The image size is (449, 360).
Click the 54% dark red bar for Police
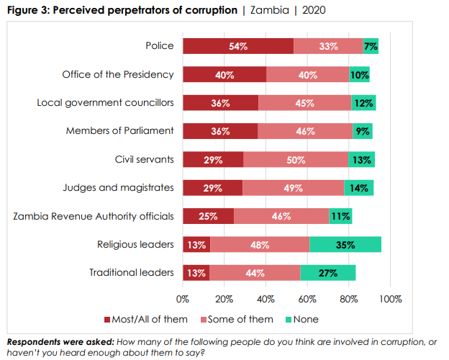[x=238, y=46]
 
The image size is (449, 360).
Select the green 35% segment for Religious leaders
[x=345, y=245]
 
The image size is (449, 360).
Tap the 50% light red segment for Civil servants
[x=296, y=160]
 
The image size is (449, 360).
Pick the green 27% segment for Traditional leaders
[x=327, y=273]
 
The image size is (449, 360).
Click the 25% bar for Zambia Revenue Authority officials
[x=208, y=216]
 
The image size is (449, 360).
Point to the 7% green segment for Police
[x=371, y=46]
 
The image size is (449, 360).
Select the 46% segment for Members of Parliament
[x=305, y=131]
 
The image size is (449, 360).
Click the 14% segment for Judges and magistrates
[x=358, y=188]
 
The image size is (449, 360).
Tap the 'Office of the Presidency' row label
[x=118, y=74]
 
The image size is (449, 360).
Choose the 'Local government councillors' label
[x=105, y=102]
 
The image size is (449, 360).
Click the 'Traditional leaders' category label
[x=132, y=273]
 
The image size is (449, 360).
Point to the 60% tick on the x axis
[x=308, y=299]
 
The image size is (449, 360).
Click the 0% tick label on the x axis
[x=183, y=299]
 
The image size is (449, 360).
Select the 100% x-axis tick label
[x=391, y=299]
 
